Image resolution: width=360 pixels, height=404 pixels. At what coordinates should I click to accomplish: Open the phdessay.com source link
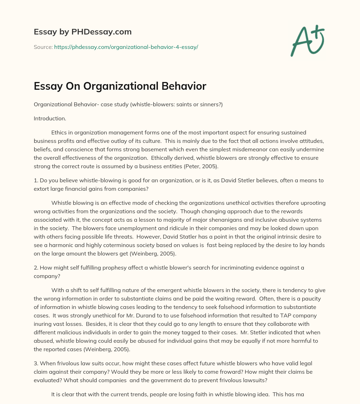[126, 47]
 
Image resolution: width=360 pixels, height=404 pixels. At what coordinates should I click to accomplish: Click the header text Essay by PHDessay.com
[83, 32]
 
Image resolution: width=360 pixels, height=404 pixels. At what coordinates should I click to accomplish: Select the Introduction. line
[50, 119]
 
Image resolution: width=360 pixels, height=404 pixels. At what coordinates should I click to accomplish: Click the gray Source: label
[43, 47]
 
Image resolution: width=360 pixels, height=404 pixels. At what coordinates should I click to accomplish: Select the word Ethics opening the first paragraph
[60, 132]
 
